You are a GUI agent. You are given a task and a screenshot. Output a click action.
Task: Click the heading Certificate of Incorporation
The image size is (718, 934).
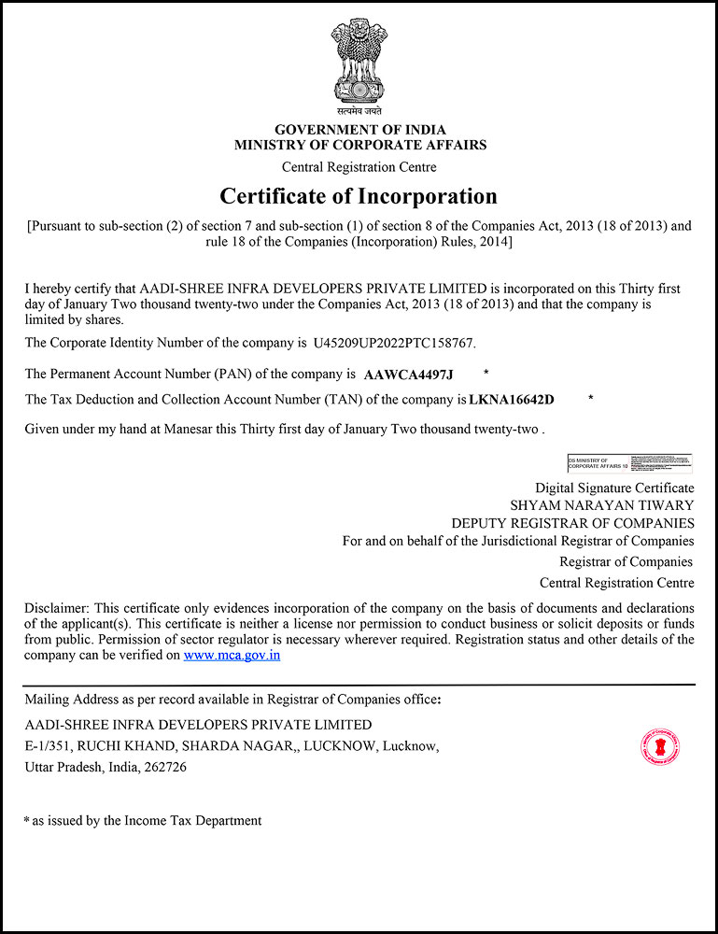[359, 196]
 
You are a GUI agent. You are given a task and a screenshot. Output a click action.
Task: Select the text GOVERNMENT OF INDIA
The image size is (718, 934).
[359, 130]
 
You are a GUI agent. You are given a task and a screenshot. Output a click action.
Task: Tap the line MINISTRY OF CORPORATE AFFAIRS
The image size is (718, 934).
[359, 145]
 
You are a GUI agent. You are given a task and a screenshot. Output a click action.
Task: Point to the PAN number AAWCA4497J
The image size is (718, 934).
[408, 375]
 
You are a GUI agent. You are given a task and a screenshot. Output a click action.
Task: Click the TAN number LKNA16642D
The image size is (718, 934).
[512, 400]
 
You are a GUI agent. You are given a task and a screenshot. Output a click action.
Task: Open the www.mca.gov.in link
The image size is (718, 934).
[232, 656]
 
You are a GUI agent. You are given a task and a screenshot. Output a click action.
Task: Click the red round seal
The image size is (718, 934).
[659, 746]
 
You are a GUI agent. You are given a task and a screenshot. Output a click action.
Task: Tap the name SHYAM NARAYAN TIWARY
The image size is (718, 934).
[601, 505]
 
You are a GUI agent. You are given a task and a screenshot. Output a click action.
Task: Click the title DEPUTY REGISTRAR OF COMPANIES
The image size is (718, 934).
[572, 523]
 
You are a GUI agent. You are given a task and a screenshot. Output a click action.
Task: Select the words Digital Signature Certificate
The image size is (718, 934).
[614, 488]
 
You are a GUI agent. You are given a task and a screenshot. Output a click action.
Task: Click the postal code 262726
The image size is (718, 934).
[163, 767]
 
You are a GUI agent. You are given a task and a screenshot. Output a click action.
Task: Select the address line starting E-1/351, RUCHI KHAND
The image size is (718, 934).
[232, 745]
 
